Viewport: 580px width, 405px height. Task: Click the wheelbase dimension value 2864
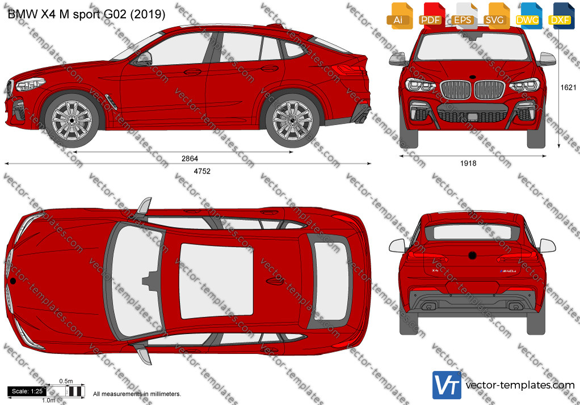tap(190, 158)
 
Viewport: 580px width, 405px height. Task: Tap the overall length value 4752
tap(202, 171)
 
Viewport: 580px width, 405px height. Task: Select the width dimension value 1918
tap(468, 163)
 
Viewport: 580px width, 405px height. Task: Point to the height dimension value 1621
tap(568, 87)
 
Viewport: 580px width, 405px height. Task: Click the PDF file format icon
tap(430, 16)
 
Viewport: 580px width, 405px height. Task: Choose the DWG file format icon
tap(528, 16)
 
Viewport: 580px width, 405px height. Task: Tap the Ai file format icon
tap(400, 16)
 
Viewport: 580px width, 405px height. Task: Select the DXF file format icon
tap(561, 16)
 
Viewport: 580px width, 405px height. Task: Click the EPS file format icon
tap(463, 16)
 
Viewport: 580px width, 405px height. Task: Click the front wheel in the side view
tap(72, 120)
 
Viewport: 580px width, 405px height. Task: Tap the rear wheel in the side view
tap(293, 120)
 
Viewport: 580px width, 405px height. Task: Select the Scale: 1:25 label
tap(27, 391)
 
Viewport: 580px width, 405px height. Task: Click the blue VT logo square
tap(447, 385)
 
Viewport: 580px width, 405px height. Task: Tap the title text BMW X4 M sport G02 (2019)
tap(86, 14)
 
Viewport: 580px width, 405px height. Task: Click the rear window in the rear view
tap(472, 232)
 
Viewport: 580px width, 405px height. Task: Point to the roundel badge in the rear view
tap(472, 255)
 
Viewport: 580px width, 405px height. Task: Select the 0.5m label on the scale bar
tap(66, 381)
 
